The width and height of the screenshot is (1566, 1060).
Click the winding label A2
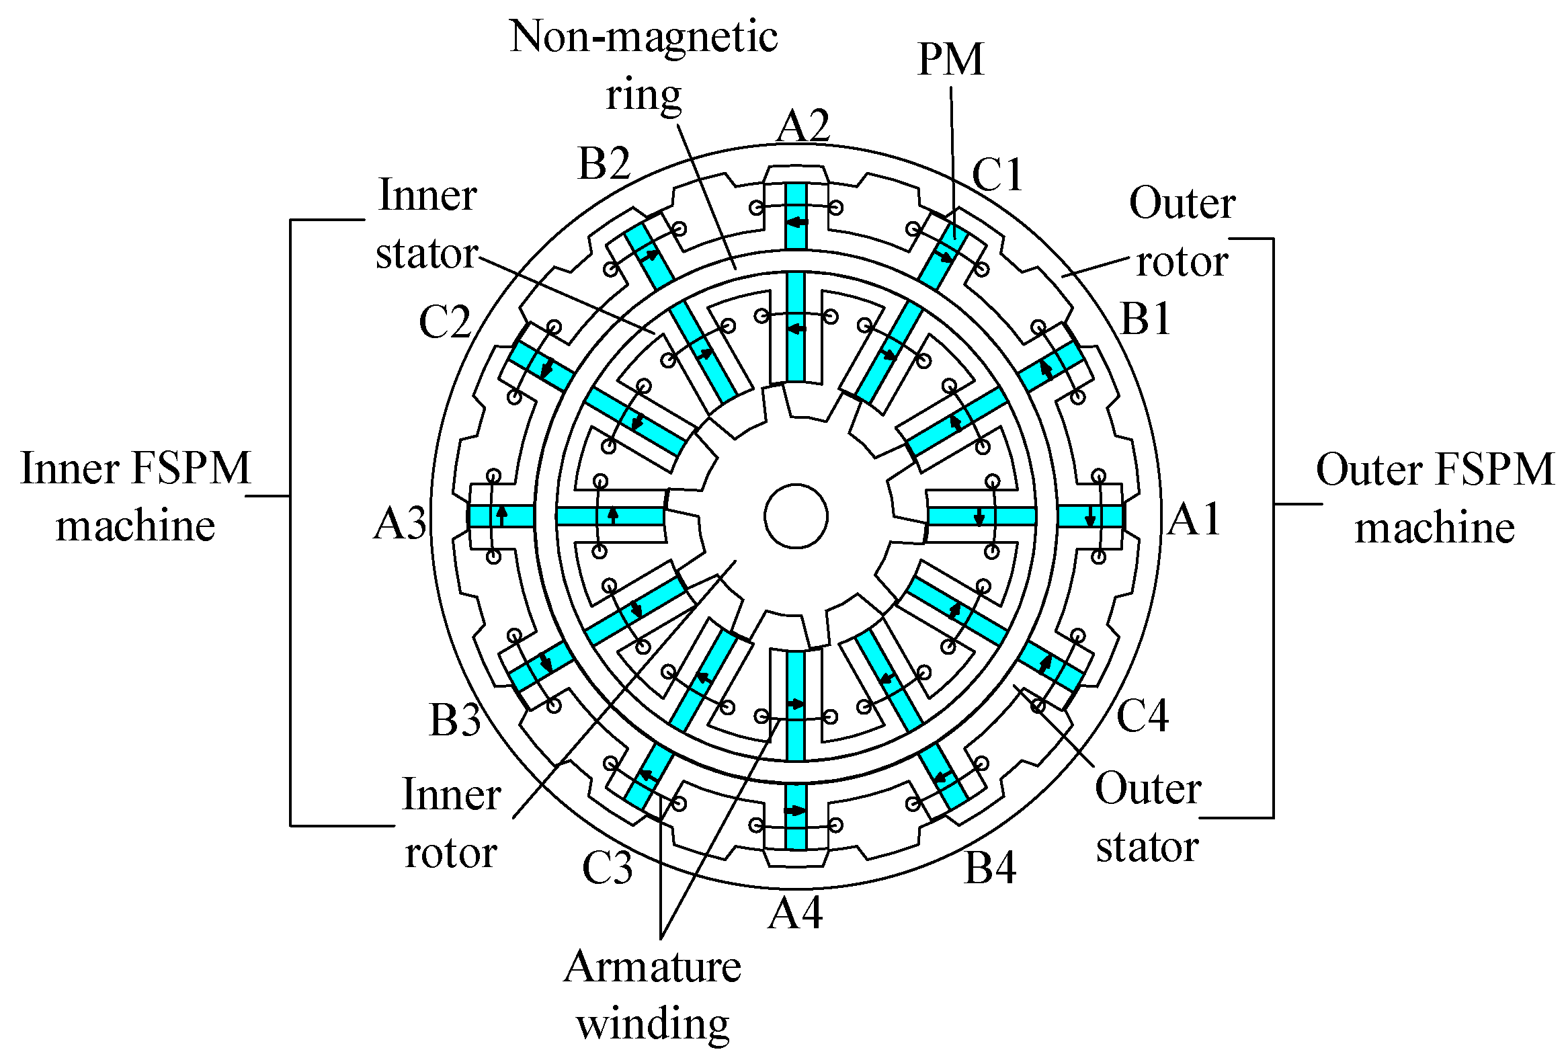pyautogui.click(x=802, y=126)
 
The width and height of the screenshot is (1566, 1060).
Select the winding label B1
pyautogui.click(x=1145, y=318)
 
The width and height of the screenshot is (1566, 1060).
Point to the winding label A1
pyautogui.click(x=1194, y=520)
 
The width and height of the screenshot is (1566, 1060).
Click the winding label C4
pyautogui.click(x=1142, y=716)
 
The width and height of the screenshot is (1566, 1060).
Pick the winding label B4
pyautogui.click(x=990, y=868)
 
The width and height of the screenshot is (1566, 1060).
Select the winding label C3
pyautogui.click(x=607, y=868)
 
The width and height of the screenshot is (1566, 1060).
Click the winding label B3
pyautogui.click(x=455, y=720)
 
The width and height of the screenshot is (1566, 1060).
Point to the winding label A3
pyautogui.click(x=401, y=524)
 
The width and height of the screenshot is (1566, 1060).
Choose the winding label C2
pyautogui.click(x=445, y=322)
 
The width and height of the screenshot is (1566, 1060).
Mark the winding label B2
pyautogui.click(x=604, y=163)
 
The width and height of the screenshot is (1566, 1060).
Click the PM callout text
pyautogui.click(x=951, y=59)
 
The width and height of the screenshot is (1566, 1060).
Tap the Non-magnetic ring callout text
pyautogui.click(x=643, y=65)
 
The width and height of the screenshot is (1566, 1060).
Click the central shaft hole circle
pyautogui.click(x=796, y=516)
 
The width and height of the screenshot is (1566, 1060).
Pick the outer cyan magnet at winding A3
pyautogui.click(x=501, y=516)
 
